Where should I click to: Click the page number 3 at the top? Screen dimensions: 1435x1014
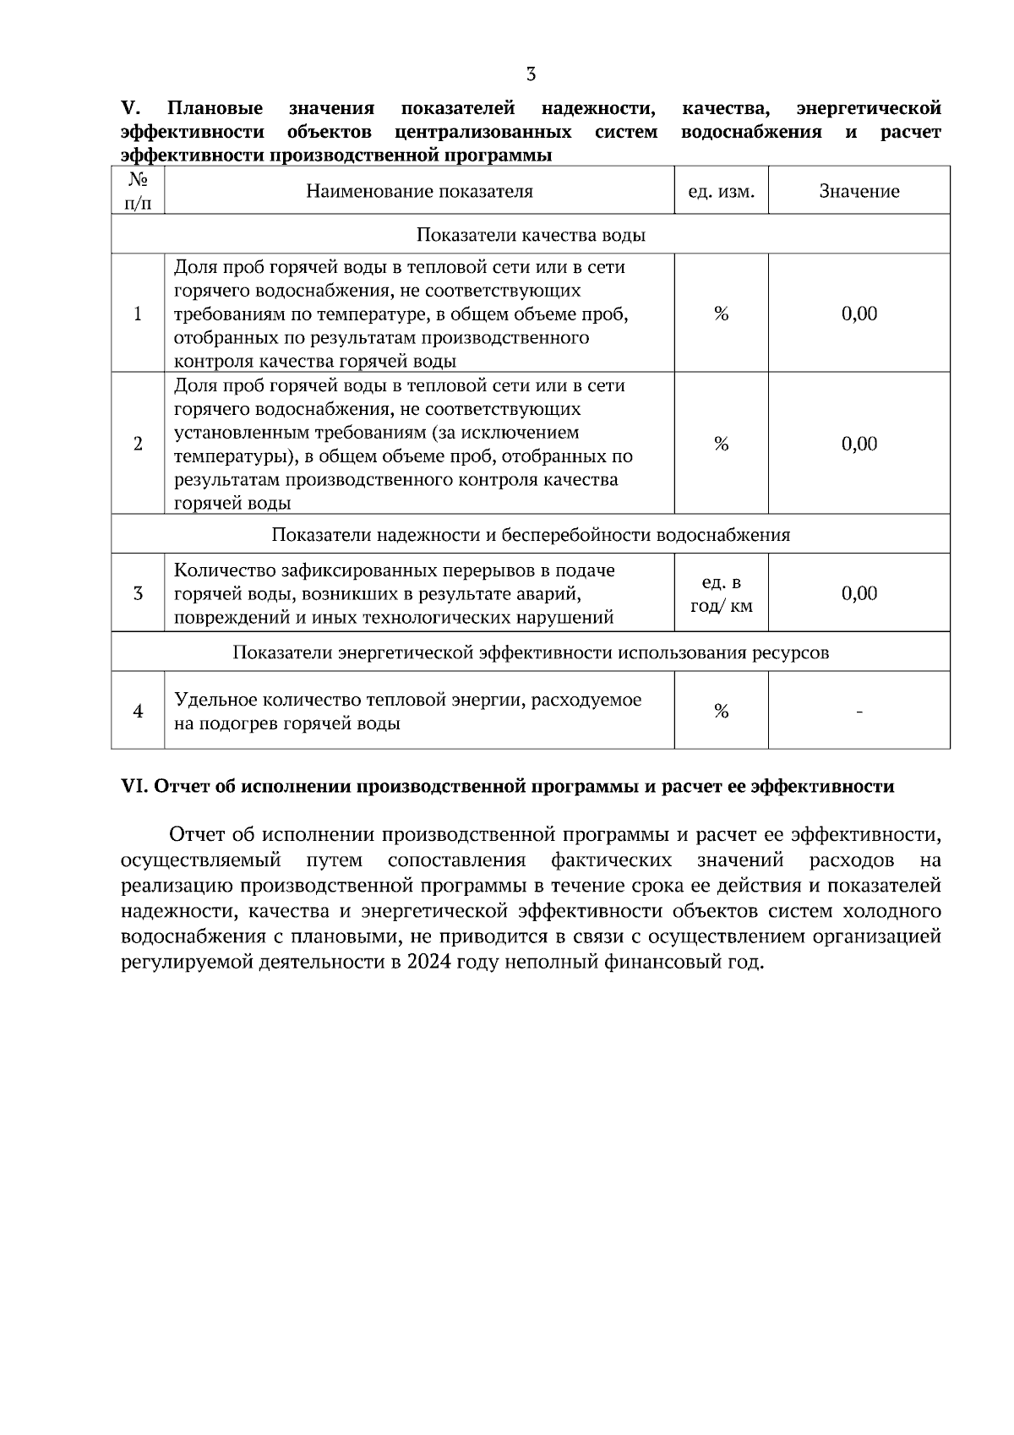(531, 74)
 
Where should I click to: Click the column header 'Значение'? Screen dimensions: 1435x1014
(859, 191)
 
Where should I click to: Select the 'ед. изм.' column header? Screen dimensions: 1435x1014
(721, 192)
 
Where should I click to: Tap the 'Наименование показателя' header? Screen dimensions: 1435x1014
(419, 191)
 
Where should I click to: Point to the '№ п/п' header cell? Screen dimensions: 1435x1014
(138, 191)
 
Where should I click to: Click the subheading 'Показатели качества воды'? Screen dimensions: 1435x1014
(531, 235)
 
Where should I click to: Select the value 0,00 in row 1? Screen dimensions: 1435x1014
(859, 314)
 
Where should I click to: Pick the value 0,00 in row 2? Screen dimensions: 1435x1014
(859, 444)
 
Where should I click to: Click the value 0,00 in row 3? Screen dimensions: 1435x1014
(859, 593)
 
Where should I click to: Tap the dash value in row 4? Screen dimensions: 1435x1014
(859, 712)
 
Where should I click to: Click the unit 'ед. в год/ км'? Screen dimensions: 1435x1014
(721, 594)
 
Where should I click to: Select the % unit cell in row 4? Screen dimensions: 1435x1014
(721, 712)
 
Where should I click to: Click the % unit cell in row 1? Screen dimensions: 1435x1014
(721, 314)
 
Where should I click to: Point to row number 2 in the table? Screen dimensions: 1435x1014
(138, 444)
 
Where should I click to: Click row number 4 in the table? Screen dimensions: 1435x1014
(138, 712)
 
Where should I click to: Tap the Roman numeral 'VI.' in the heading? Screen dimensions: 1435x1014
(134, 787)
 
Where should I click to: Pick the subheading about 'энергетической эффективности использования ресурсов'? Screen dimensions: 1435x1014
(531, 652)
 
